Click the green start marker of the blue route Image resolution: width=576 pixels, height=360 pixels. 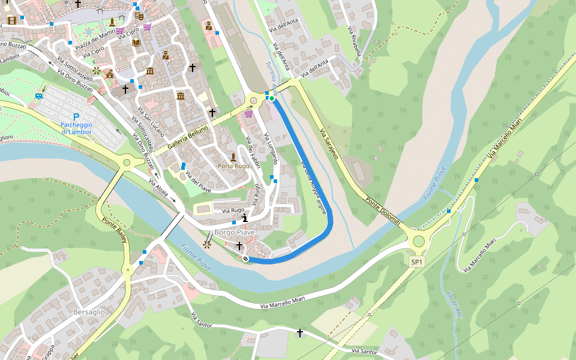(271, 98)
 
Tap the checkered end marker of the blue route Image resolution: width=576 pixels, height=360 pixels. (245, 259)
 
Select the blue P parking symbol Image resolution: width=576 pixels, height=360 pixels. (76, 117)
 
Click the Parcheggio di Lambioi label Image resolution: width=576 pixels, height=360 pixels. (76, 128)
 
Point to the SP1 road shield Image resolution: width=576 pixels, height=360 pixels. (417, 262)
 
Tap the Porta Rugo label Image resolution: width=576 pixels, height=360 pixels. (233, 166)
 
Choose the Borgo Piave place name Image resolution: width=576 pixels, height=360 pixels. (235, 232)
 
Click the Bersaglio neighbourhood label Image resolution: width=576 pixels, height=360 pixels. (89, 312)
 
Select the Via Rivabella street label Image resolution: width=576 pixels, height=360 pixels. (354, 41)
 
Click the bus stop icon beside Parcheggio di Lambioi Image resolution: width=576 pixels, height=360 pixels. (39, 95)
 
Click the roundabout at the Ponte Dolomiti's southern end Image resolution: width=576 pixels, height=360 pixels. (418, 241)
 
